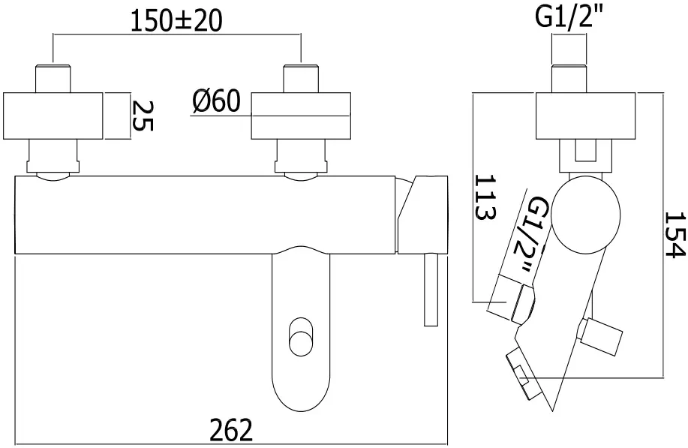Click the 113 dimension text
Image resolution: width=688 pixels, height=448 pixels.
[x=485, y=197]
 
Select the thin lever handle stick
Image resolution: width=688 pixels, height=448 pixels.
[x=430, y=289]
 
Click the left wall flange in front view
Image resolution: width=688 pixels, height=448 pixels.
[x=53, y=116]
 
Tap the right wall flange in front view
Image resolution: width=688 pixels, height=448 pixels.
[x=300, y=116]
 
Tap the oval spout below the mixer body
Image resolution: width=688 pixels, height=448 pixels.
[x=300, y=330]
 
